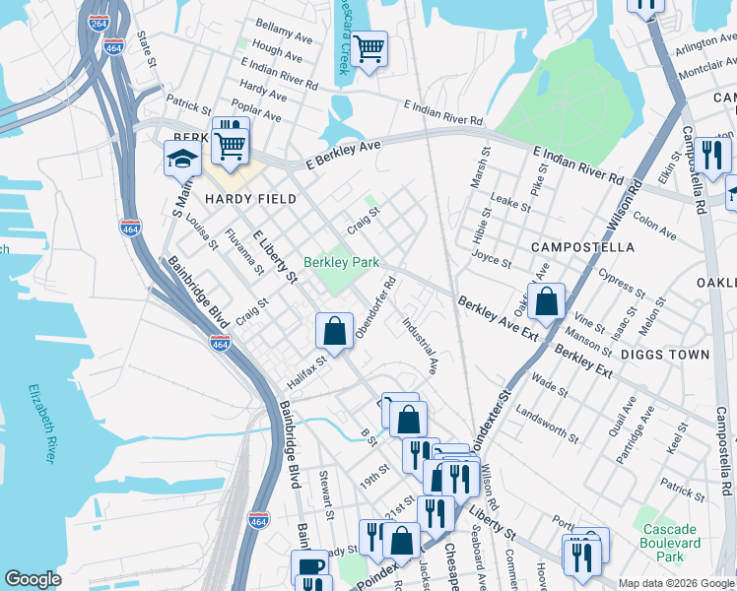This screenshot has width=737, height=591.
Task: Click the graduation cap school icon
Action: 182,158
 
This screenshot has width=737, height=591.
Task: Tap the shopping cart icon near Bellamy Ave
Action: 368,47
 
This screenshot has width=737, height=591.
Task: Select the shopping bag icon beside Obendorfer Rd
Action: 335,330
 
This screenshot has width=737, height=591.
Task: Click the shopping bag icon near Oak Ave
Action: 546,300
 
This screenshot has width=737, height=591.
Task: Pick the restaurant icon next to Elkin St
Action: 711,155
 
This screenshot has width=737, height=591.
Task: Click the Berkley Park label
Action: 341,263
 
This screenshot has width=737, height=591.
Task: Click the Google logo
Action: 33,579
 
